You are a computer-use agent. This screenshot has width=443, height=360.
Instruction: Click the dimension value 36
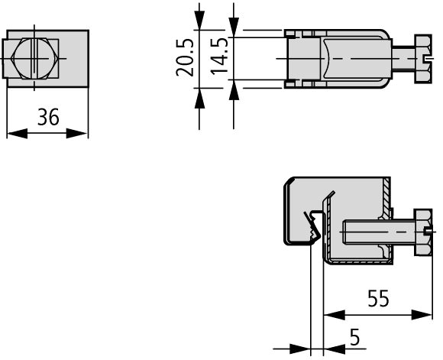[x=48, y=117]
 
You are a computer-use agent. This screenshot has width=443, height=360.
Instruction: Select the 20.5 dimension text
[x=185, y=57]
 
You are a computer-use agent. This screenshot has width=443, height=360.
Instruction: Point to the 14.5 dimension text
[x=219, y=57]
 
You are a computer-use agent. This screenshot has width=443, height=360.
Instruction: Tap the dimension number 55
[x=378, y=298]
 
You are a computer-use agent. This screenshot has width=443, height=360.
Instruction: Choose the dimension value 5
[x=354, y=337]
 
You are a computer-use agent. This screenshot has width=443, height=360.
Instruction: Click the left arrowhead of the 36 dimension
[x=18, y=134]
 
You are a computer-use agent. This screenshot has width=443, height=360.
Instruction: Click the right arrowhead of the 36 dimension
[x=77, y=134]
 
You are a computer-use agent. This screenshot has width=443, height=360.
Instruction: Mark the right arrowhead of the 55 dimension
[x=422, y=315]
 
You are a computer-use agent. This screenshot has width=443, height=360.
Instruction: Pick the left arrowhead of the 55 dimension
[x=335, y=315]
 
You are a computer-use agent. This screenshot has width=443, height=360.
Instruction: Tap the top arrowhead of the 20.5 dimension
[x=199, y=20]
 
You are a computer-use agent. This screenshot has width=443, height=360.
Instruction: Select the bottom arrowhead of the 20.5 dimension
[x=199, y=98]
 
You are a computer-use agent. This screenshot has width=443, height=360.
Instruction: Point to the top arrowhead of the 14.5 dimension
[x=234, y=28]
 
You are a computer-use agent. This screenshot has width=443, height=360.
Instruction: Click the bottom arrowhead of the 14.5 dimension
[x=234, y=90]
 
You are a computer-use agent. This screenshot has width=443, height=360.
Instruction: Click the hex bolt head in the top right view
[x=423, y=59]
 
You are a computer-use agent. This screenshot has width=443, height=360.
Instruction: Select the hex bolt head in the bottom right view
[x=423, y=232]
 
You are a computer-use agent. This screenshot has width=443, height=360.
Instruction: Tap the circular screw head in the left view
[x=34, y=59]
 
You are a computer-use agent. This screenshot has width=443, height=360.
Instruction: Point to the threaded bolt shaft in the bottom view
[x=379, y=232]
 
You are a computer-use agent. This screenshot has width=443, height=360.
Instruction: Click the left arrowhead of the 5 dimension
[x=300, y=349]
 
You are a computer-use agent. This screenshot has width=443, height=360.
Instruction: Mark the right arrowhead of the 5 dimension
[x=335, y=349]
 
